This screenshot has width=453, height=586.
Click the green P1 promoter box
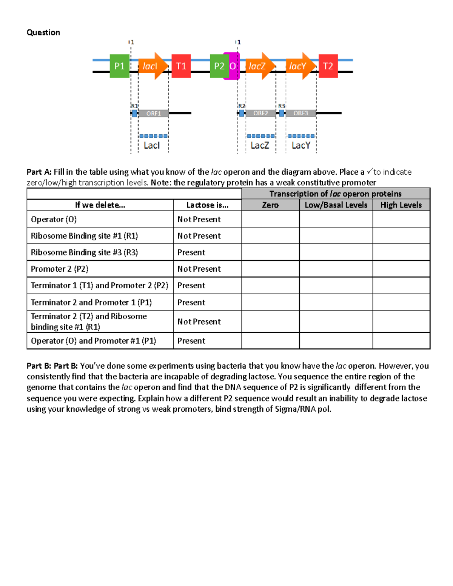(x=119, y=66)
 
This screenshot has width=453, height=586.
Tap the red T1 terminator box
(x=181, y=66)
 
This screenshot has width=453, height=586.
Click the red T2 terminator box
(x=328, y=66)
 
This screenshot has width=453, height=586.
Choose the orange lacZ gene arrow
(x=259, y=66)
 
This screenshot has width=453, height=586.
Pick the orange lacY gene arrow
(x=300, y=66)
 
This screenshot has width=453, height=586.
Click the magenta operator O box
(x=233, y=66)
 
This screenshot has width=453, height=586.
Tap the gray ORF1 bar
(x=153, y=113)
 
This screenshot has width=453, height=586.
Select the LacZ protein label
(x=260, y=145)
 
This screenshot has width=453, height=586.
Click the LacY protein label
(x=300, y=145)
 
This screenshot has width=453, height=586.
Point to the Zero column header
(x=270, y=205)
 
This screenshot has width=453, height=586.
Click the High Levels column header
(x=401, y=205)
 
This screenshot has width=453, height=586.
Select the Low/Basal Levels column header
(x=336, y=205)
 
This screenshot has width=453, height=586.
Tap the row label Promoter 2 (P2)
(x=60, y=269)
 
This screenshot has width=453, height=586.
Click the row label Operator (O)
(x=54, y=219)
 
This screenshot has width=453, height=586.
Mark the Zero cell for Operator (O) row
(x=270, y=219)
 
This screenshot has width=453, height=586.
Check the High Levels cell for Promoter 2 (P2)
(x=401, y=269)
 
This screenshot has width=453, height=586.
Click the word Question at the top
(x=43, y=32)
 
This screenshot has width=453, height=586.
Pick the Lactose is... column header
(x=207, y=205)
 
